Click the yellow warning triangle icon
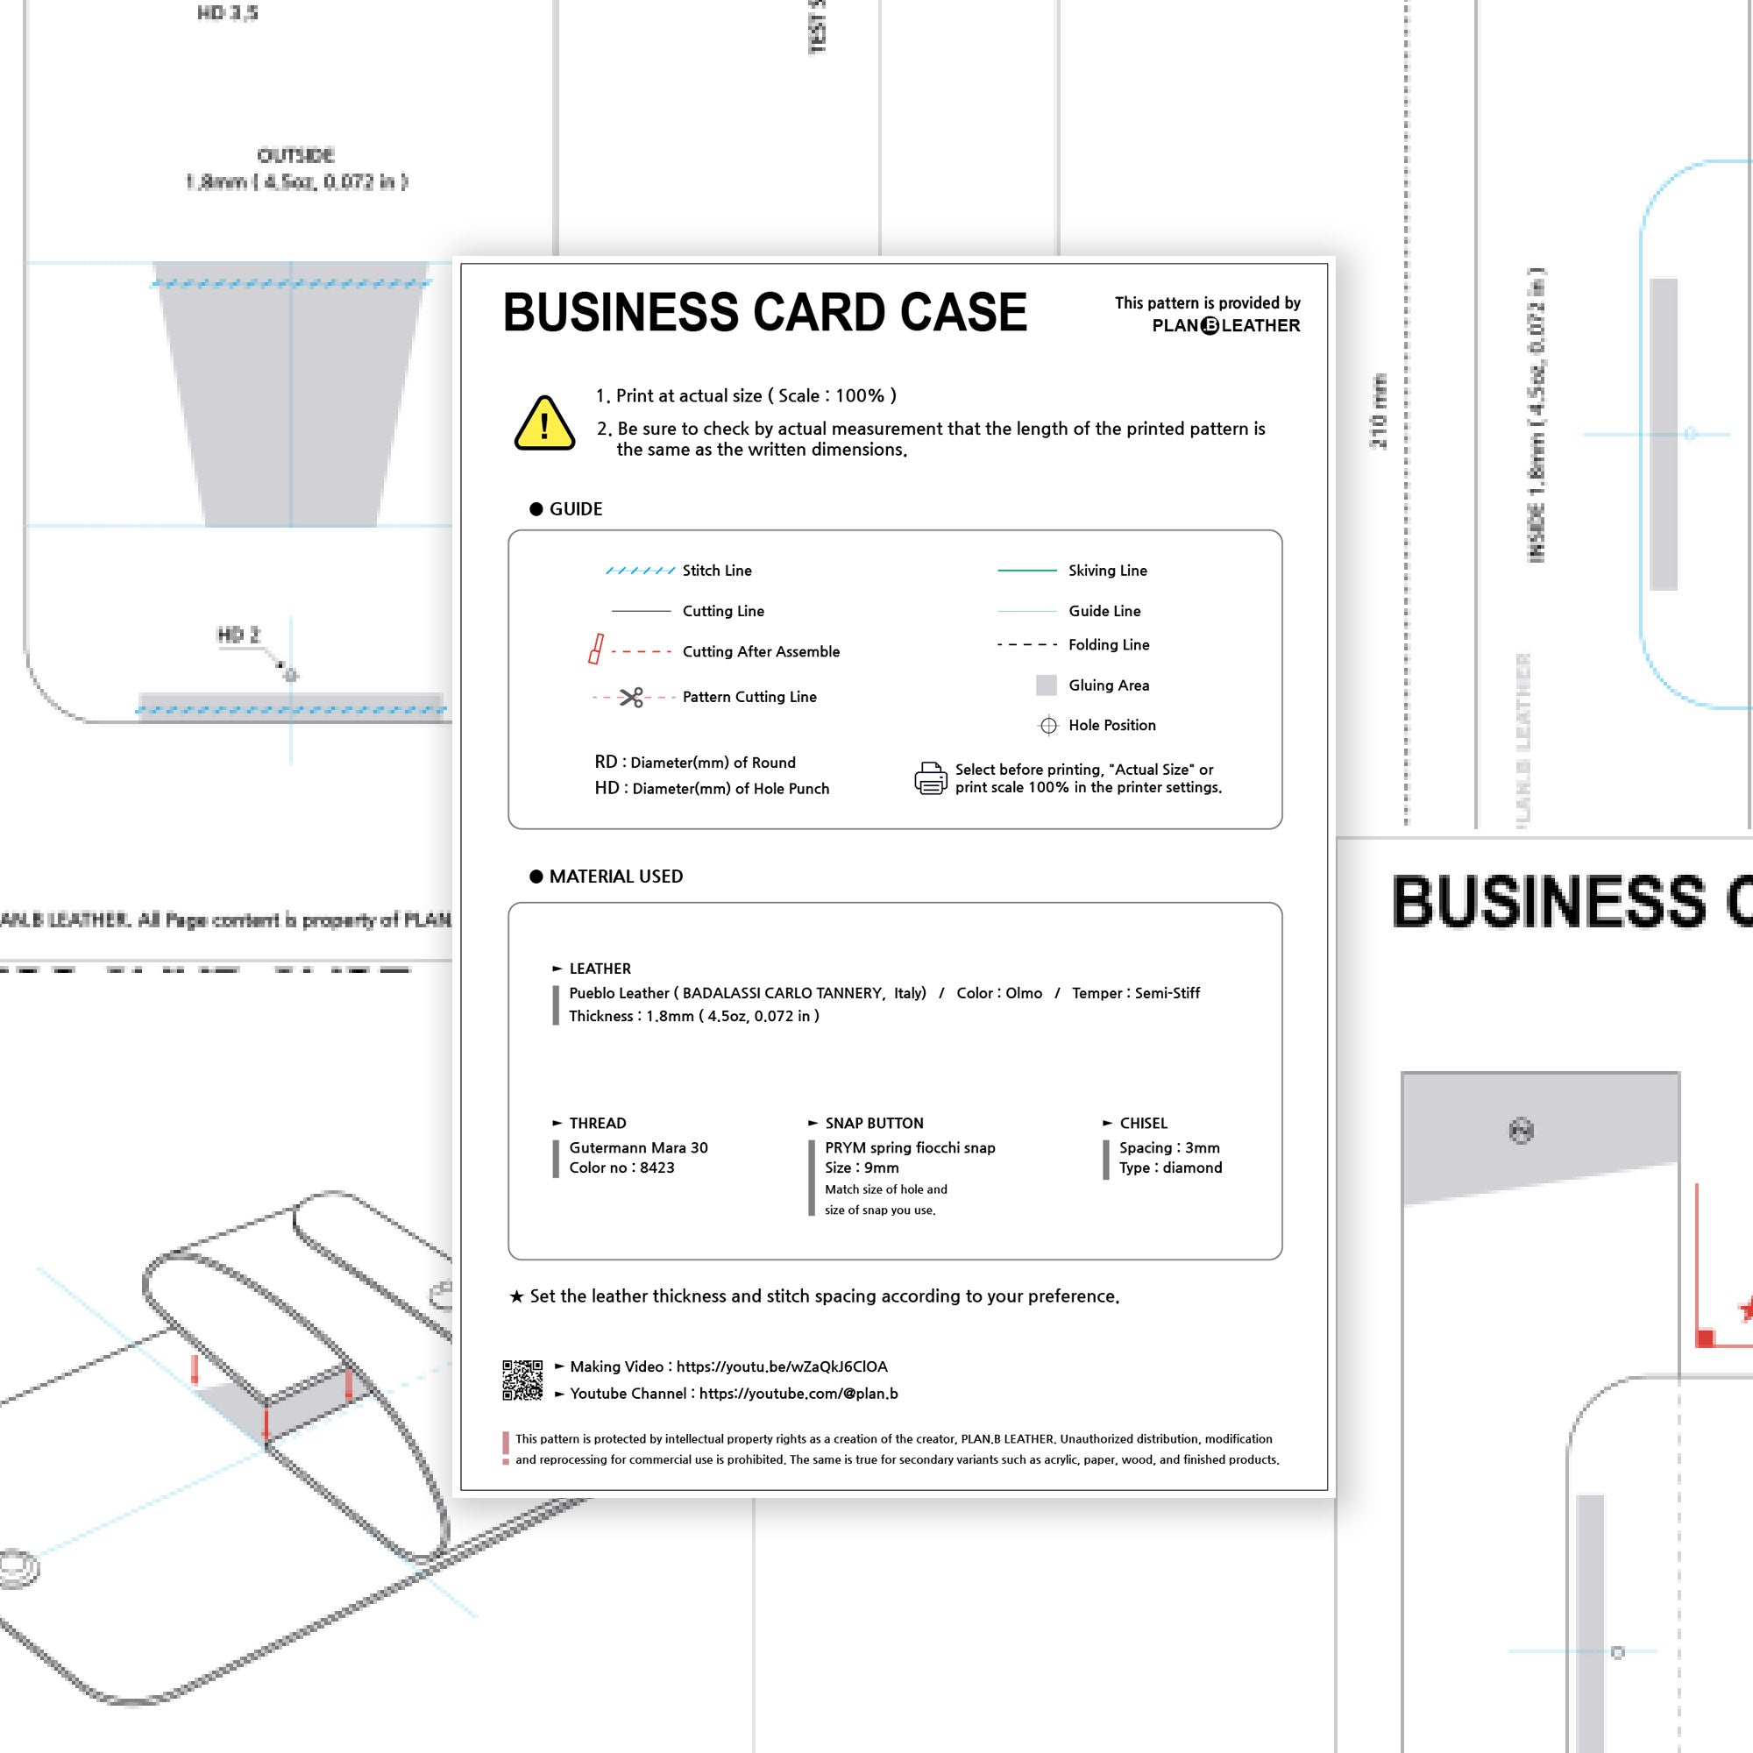coord(543,423)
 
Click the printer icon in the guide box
coord(930,778)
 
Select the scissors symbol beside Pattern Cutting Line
coord(630,697)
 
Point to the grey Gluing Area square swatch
coord(1047,685)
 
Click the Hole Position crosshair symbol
coord(1048,725)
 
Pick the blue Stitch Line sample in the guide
coord(640,571)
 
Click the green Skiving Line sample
coord(1026,571)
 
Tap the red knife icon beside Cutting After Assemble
coord(595,649)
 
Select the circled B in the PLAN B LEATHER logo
coord(1210,326)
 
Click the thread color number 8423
coord(656,1167)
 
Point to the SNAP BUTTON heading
coord(874,1124)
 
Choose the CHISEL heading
coord(1143,1124)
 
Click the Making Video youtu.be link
coord(781,1366)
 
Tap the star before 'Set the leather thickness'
coord(516,1296)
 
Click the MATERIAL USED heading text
coord(616,876)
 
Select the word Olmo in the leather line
coord(1024,994)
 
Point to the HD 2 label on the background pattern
coord(238,635)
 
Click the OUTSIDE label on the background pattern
coord(295,155)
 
